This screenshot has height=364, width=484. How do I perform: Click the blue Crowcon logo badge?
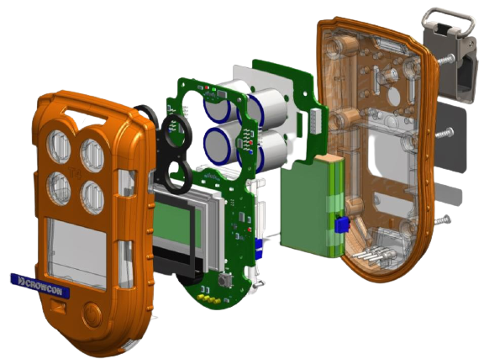40,286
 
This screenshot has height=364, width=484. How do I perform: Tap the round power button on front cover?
92,314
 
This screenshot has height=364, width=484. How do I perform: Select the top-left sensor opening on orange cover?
58,146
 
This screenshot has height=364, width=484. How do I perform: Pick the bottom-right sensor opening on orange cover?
92,197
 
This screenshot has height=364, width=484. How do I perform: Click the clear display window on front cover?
76,252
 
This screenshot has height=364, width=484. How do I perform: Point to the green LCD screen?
176,224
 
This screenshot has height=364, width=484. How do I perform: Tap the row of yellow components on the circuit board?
208,298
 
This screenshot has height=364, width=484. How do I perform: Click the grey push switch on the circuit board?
222,280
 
